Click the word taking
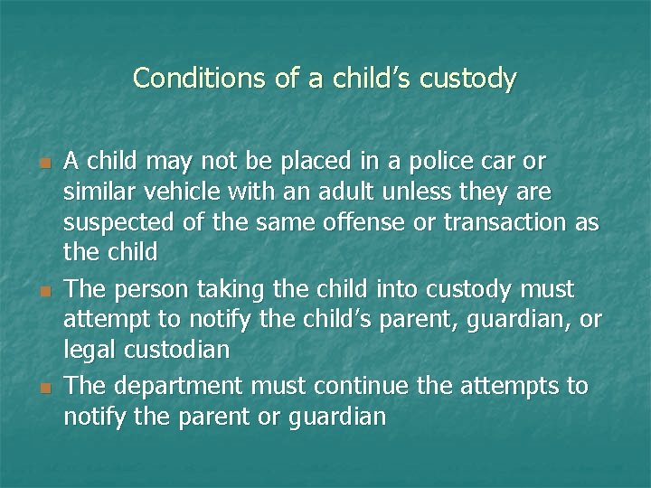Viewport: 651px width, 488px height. (x=231, y=290)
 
